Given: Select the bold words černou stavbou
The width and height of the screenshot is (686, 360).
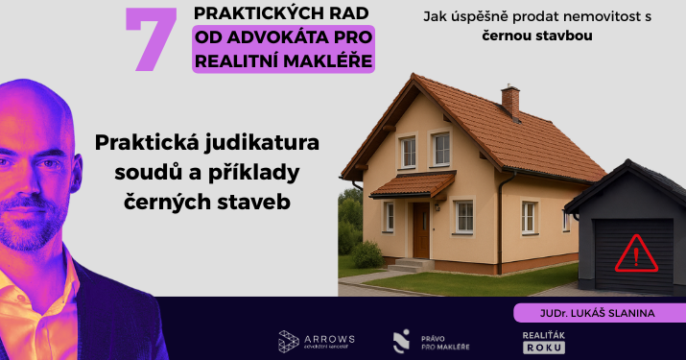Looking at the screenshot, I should pos(537,36).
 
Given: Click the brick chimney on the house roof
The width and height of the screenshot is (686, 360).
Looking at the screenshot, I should pos(509,101).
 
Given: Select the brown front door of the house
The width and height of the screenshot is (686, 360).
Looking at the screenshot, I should pos(420,229).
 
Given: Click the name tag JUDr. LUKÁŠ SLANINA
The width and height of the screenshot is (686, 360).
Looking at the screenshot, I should pos(597,313).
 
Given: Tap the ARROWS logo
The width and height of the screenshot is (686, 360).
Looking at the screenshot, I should pos(317,340).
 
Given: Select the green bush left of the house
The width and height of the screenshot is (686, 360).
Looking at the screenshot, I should pos(367,253).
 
